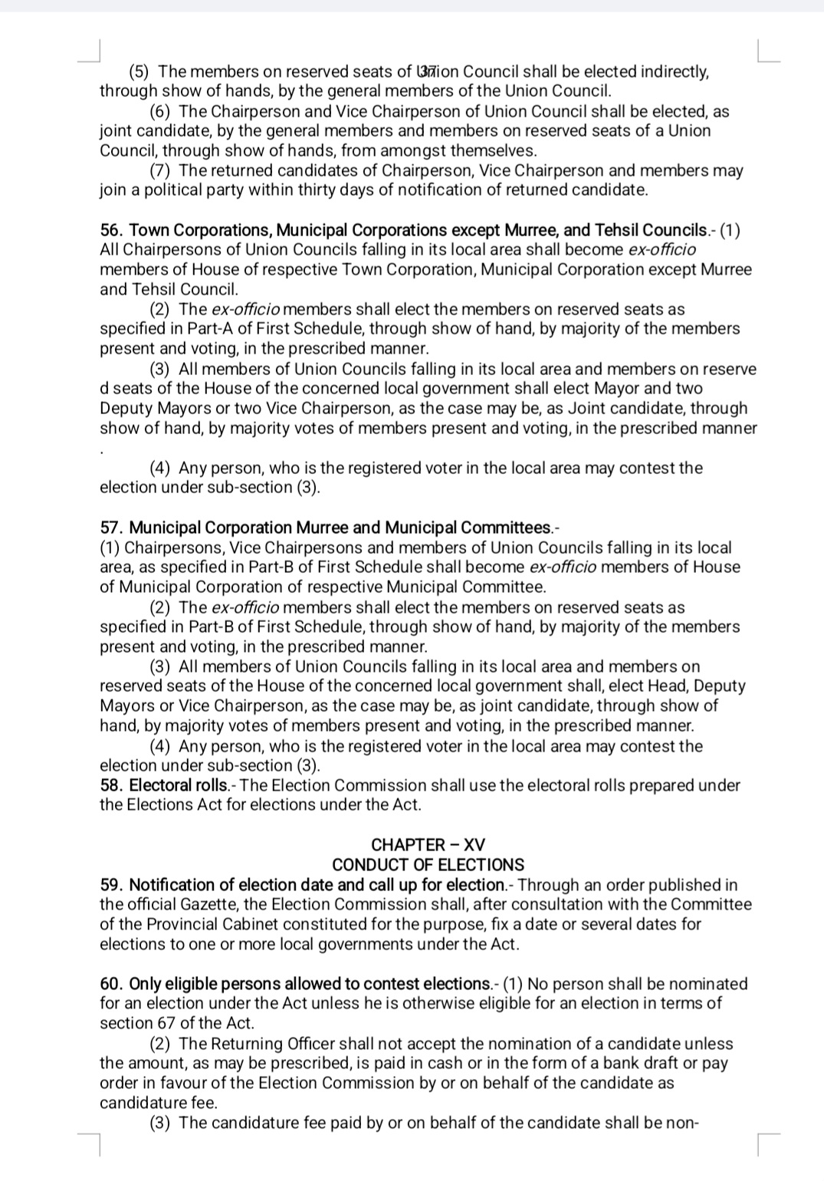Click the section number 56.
pyautogui.click(x=111, y=230)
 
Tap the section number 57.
pyautogui.click(x=111, y=528)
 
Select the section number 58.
pyautogui.click(x=111, y=785)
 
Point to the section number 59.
pyautogui.click(x=111, y=885)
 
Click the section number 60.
pyautogui.click(x=111, y=984)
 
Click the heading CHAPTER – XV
pyautogui.click(x=428, y=845)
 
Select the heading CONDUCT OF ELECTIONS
pyautogui.click(x=428, y=865)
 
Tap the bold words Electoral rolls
pyautogui.click(x=179, y=785)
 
